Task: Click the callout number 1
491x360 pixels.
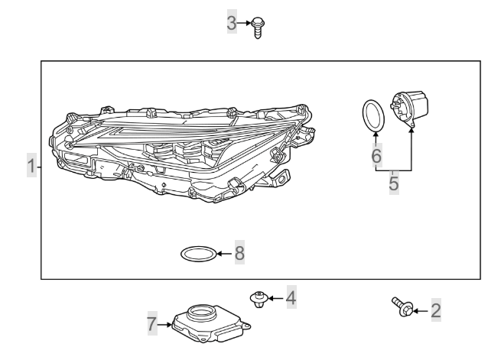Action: pos(31,166)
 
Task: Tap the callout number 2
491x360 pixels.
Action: pos(436,310)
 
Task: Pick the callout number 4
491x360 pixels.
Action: pos(291,297)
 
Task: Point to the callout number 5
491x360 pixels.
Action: pos(394,184)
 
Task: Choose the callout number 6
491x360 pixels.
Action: pos(376,156)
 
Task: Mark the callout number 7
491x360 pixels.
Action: pos(151,325)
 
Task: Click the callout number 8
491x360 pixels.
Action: pos(239,253)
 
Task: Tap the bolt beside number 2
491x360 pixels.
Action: pos(402,306)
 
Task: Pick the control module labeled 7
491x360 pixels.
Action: pos(206,321)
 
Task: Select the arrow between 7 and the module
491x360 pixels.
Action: pos(164,325)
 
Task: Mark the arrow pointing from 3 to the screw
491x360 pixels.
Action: pos(245,23)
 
